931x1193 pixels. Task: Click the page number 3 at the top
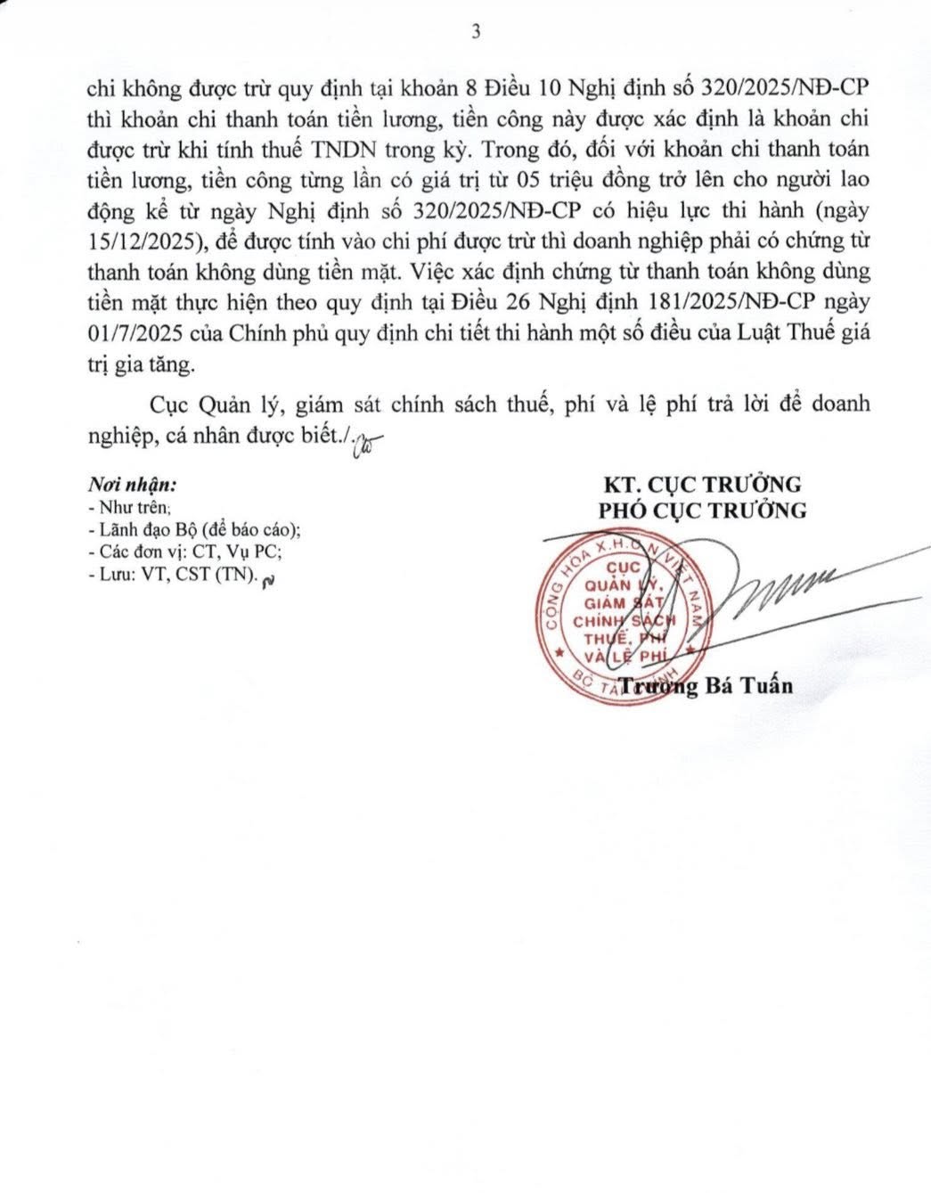coord(475,32)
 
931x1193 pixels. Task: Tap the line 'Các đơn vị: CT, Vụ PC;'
coord(186,552)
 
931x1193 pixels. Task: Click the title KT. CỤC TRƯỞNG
coord(702,485)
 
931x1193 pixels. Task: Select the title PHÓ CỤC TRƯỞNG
coord(702,511)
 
